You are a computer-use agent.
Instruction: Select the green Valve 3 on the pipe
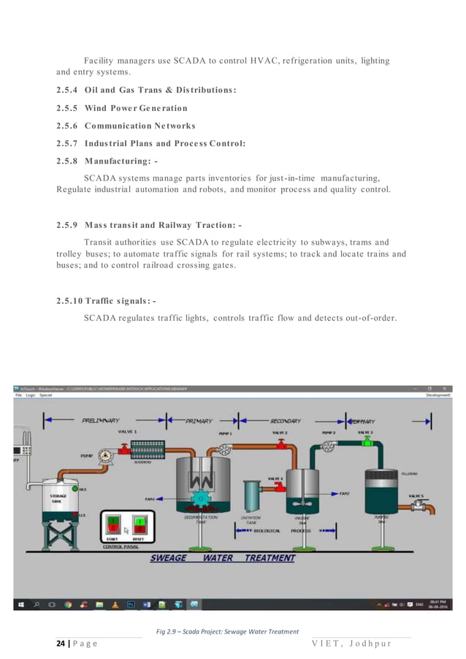click(x=364, y=441)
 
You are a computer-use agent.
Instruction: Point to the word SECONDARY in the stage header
click(x=286, y=421)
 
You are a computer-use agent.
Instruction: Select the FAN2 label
click(x=345, y=493)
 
